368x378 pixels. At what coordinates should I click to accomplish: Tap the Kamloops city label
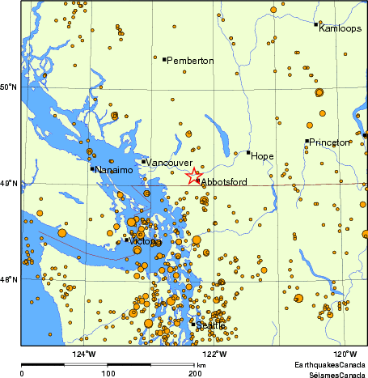pos(338,28)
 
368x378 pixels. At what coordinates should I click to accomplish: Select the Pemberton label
pos(190,61)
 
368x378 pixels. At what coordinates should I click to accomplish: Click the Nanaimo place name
pos(112,171)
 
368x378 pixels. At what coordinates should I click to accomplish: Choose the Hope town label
pos(262,155)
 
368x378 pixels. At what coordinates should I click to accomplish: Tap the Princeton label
pos(329,142)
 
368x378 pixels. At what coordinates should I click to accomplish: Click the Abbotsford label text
pos(223,183)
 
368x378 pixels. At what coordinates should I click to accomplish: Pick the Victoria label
pos(146,242)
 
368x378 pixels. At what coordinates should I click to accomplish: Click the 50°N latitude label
pos(9,87)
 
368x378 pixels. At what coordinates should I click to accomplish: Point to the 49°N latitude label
pos(9,185)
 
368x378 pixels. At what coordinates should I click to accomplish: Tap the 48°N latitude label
pos(9,280)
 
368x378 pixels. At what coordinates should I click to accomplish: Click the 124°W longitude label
pos(84,354)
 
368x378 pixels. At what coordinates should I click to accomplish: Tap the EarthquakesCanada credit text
pos(329,366)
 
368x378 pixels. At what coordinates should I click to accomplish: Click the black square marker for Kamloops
pos(315,24)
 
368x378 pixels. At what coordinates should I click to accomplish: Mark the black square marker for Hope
pos(248,152)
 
